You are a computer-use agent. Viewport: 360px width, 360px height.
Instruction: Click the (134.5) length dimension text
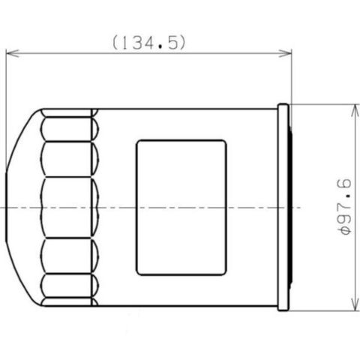tap(149, 43)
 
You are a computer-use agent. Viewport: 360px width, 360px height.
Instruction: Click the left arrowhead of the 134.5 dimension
tap(12, 53)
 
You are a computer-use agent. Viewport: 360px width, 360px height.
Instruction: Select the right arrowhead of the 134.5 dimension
tap(285, 53)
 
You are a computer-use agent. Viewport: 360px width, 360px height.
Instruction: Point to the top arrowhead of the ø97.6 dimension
tap(355, 111)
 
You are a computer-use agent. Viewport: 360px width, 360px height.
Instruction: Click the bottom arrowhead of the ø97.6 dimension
tap(355, 304)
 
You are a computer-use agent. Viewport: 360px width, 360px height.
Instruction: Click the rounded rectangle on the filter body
tap(181, 208)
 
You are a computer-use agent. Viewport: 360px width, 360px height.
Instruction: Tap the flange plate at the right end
tap(283, 207)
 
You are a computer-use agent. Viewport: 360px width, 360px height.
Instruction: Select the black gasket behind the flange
tap(290, 207)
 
